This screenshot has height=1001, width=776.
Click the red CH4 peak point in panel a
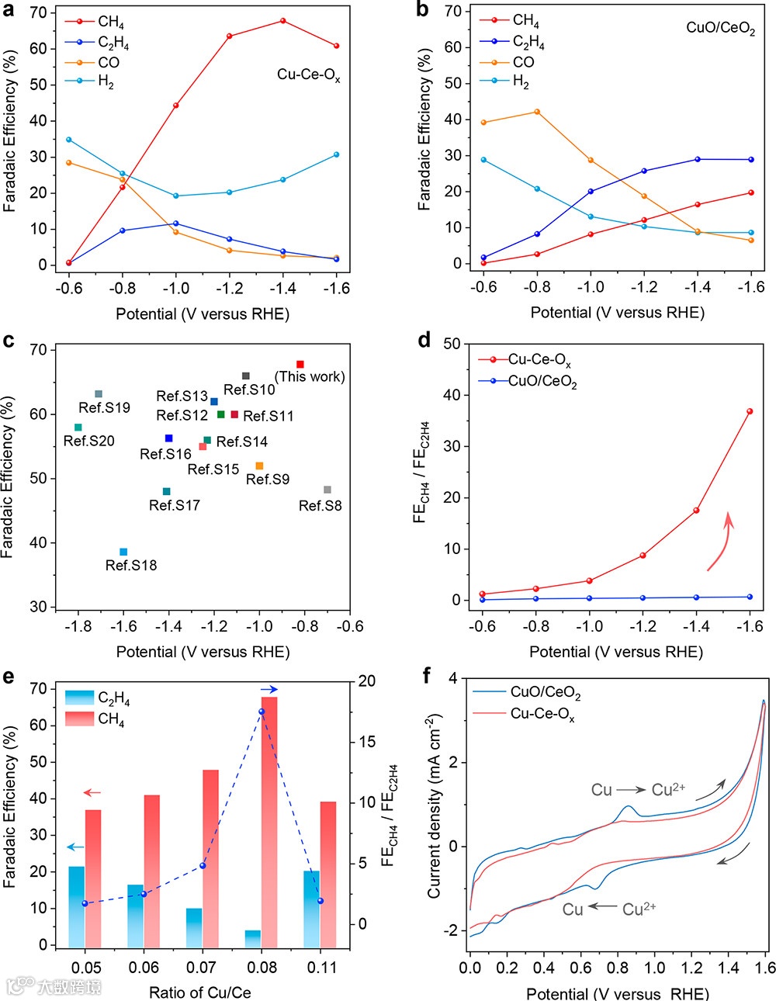(282, 20)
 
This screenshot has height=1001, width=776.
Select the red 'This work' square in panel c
(300, 364)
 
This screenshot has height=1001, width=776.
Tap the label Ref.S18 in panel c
(131, 566)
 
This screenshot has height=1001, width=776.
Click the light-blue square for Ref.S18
(123, 552)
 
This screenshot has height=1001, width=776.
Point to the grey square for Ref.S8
(327, 490)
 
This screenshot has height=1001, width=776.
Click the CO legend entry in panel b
(523, 62)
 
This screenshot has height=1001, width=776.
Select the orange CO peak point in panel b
(537, 112)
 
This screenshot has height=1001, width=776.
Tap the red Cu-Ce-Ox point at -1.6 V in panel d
(750, 411)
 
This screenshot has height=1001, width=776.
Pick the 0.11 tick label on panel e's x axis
(322, 967)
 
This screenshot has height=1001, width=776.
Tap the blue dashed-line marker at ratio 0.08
(262, 712)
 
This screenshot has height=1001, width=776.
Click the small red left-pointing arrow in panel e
(92, 792)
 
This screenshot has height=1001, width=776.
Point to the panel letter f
(426, 676)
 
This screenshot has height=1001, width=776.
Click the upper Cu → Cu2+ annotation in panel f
(638, 790)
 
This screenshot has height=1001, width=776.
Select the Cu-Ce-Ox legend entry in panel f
(542, 713)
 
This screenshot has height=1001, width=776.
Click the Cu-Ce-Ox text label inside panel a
(309, 75)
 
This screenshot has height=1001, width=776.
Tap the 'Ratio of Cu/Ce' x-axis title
(200, 992)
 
